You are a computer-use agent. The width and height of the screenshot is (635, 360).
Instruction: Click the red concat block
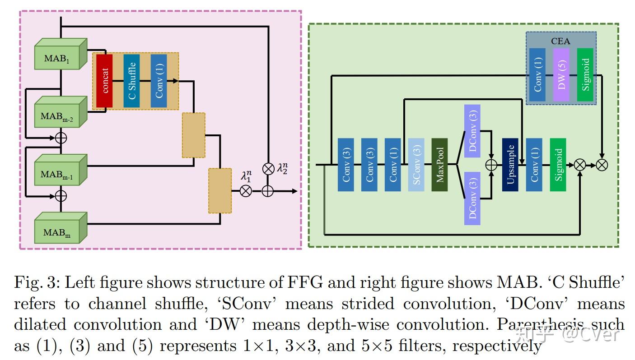[x=104, y=80]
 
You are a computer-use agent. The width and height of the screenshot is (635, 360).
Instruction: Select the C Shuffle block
[x=131, y=80]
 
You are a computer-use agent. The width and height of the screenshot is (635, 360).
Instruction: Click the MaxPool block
[x=439, y=165]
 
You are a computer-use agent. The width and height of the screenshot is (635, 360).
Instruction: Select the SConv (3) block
[x=416, y=165]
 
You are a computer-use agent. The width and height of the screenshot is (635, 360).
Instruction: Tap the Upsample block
[x=510, y=165]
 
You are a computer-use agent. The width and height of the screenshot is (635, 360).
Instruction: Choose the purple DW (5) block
[x=561, y=74]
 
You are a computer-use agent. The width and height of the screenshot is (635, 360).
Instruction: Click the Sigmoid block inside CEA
[x=585, y=74]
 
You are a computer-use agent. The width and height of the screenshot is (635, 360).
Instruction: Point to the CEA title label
[x=560, y=41]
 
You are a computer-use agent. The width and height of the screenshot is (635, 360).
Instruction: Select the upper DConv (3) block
[x=472, y=127]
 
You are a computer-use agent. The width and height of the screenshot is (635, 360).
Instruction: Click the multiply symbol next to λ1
[x=246, y=191]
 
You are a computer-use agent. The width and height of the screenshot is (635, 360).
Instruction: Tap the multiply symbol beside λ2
[x=268, y=169]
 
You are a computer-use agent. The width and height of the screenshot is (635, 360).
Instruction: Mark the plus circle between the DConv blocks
[x=491, y=165]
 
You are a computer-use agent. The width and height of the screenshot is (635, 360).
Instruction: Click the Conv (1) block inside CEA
[x=537, y=74]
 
